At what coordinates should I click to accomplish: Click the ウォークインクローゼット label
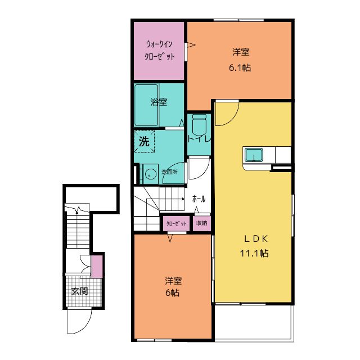tap(159, 50)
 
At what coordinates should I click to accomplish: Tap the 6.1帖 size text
tap(240, 67)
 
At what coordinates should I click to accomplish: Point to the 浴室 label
tap(159, 102)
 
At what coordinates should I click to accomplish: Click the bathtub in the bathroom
tap(146, 105)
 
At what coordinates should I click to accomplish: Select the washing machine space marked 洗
tap(144, 141)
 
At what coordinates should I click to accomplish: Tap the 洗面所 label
tap(169, 172)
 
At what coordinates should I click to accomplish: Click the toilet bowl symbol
tap(199, 125)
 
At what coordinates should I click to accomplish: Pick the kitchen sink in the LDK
tap(254, 155)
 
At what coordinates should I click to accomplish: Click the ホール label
tap(199, 199)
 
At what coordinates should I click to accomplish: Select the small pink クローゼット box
tap(176, 223)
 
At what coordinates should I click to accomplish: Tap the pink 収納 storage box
tap(201, 223)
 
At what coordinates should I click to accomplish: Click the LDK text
tap(255, 239)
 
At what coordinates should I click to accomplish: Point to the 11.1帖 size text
tap(254, 253)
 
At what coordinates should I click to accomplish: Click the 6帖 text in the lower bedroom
tap(173, 293)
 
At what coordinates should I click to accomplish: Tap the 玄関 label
tap(80, 291)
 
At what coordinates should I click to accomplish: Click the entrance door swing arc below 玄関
tap(85, 327)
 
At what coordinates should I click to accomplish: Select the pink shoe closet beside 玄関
tap(97, 266)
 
